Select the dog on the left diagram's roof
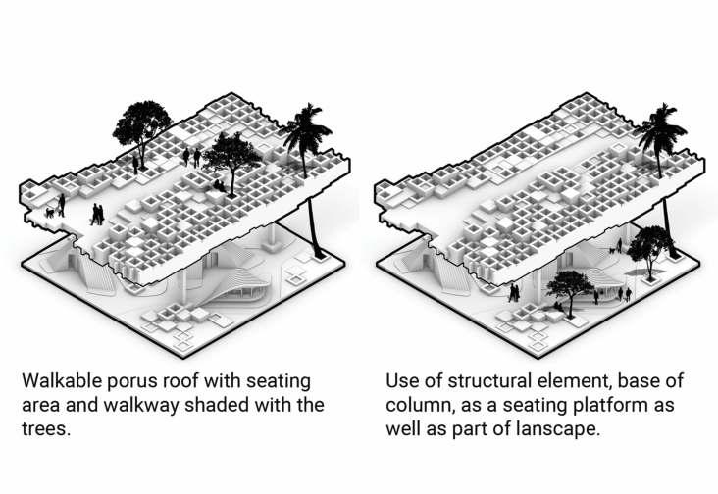[x=49, y=211]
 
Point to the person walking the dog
[x=61, y=204]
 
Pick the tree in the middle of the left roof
[x=231, y=154]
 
